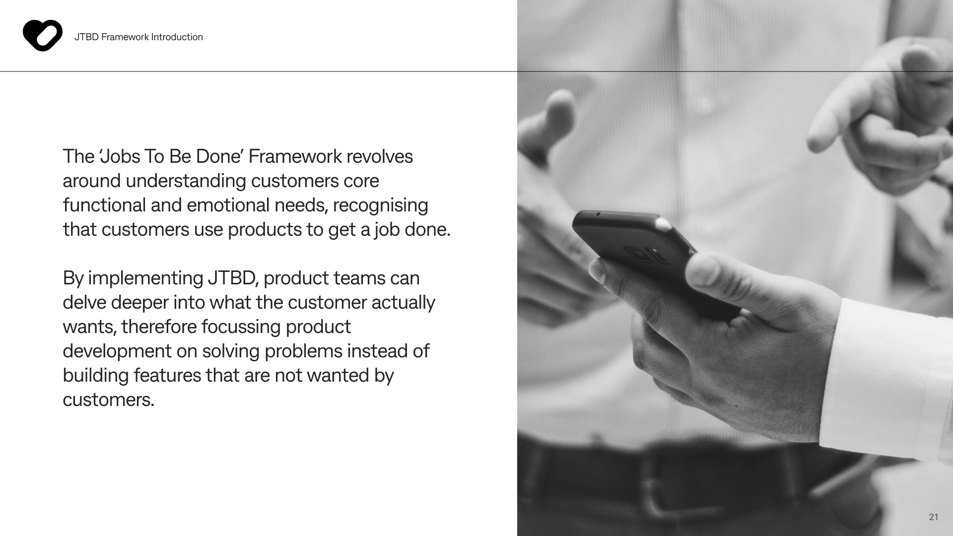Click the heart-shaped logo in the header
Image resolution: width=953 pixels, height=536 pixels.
click(x=43, y=35)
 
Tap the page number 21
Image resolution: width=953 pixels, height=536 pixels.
click(x=934, y=517)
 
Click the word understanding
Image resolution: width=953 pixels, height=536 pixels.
click(x=186, y=181)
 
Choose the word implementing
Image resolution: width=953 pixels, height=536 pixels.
click(x=145, y=279)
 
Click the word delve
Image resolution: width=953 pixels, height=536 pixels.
click(x=84, y=303)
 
